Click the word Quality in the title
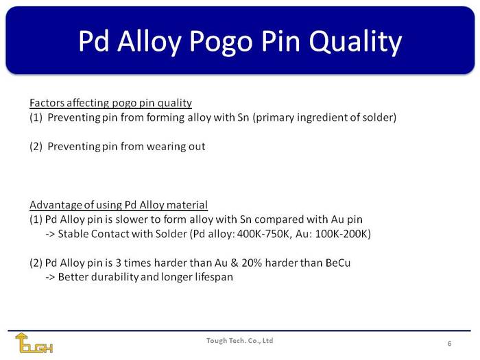coord(355,42)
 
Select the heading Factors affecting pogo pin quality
coord(111,103)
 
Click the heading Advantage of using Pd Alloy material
coord(119,205)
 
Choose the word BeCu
coord(338,263)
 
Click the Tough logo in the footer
coord(34,343)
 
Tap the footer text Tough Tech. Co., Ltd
coord(240,340)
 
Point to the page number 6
coord(449,344)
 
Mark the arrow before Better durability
coord(50,277)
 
